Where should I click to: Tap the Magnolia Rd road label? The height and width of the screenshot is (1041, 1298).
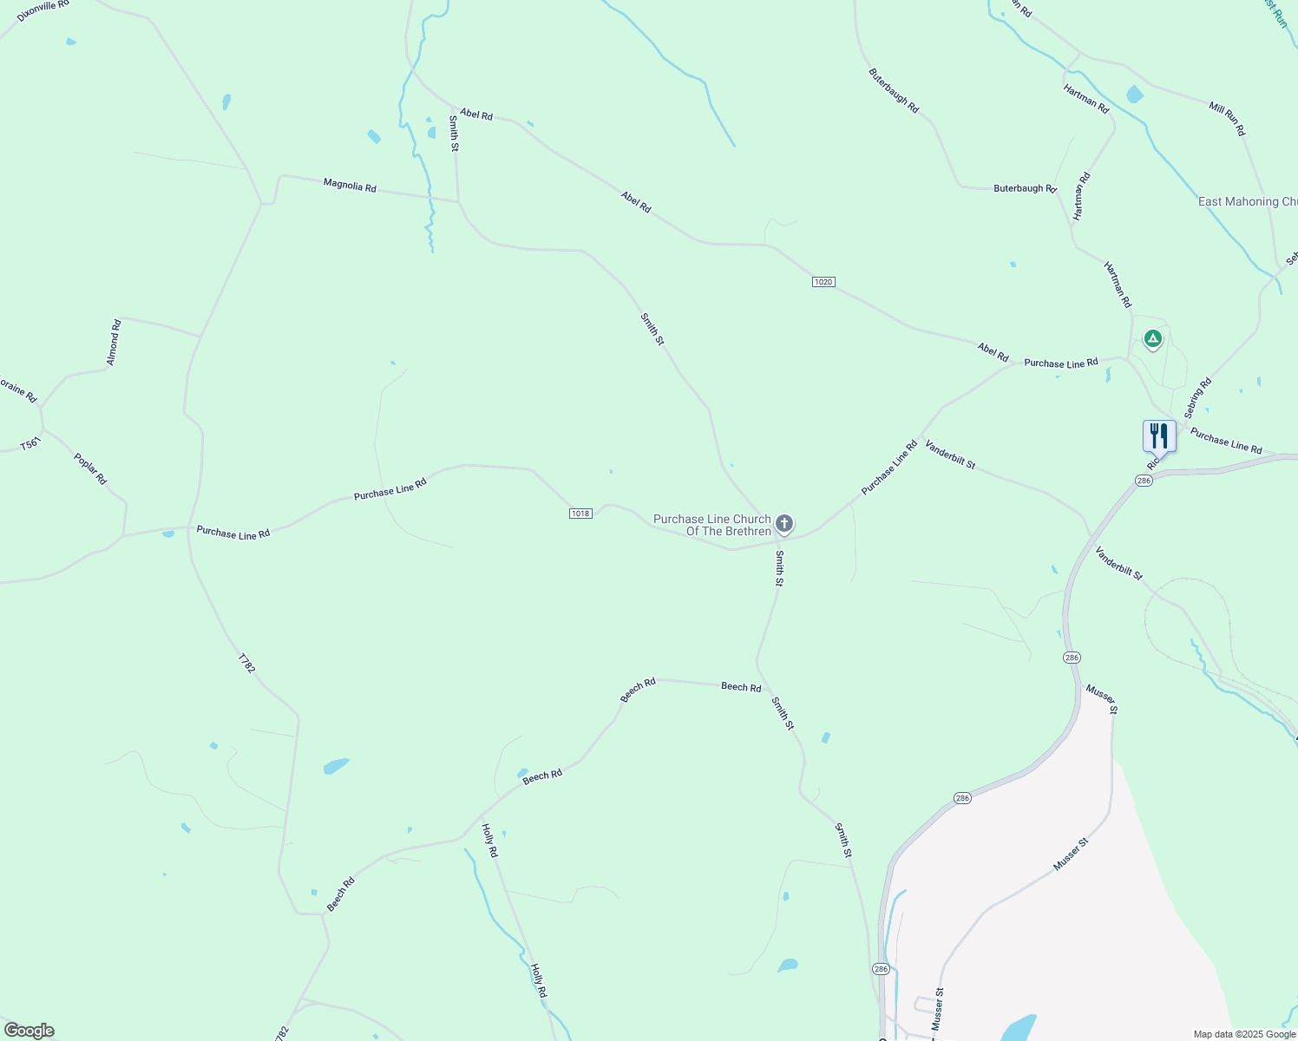[x=350, y=185]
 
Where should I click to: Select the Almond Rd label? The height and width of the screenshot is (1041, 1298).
[x=114, y=343]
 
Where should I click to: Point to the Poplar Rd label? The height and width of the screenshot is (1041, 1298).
[x=90, y=468]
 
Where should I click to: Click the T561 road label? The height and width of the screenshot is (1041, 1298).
[x=30, y=444]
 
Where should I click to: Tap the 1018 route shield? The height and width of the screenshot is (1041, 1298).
[x=580, y=514]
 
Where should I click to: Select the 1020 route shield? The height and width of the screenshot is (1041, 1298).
[x=823, y=282]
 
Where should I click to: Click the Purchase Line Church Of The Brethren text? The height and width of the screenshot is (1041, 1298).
[x=711, y=525]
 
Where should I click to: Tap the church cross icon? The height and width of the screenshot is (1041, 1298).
[x=783, y=523]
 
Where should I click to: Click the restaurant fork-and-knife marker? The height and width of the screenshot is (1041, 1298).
[x=1159, y=435]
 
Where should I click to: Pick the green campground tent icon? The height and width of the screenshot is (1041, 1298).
[x=1152, y=338]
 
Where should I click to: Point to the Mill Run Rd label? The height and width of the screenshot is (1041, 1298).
[x=1227, y=118]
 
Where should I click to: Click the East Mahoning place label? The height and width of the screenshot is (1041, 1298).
[x=1247, y=201]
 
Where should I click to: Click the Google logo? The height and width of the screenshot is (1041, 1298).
[x=29, y=1031]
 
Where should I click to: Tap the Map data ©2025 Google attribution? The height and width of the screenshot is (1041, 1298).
[x=1244, y=1034]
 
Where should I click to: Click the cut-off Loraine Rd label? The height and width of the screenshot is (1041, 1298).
[x=17, y=390]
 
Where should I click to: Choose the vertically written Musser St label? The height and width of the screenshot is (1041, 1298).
[x=937, y=1009]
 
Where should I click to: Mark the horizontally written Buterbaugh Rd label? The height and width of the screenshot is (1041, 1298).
[x=1025, y=188]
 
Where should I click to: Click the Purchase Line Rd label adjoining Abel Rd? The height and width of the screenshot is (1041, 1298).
[x=1060, y=363]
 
